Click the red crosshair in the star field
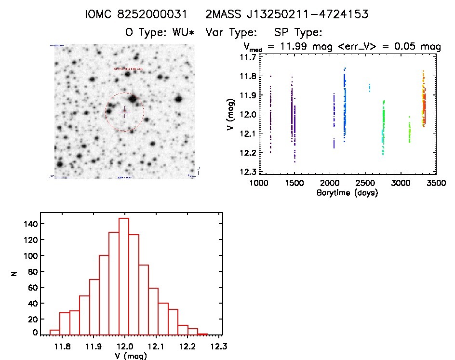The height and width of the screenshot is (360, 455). click(124, 112)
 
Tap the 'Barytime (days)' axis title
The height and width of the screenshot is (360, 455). click(347, 193)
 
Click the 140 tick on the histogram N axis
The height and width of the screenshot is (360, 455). click(30, 224)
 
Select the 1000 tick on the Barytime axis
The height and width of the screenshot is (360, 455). click(259, 183)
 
